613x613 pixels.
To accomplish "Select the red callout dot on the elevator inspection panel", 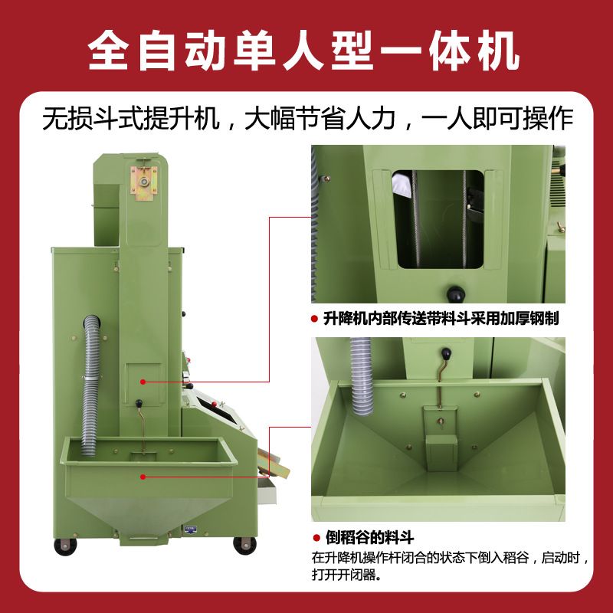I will tap(143, 381).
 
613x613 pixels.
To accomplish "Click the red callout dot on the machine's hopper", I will tap(143, 476).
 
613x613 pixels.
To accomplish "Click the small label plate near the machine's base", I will tap(190, 528).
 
